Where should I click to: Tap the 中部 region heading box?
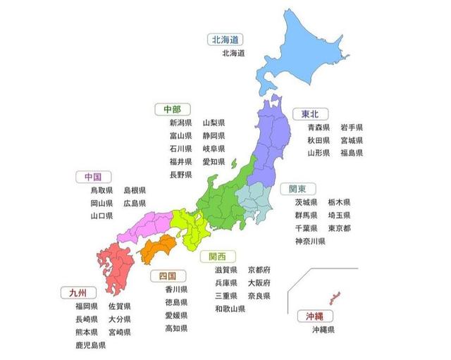tap(172, 109)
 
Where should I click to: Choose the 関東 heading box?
tap(297, 189)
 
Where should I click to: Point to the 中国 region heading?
tap(92, 177)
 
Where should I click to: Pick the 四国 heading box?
tap(168, 275)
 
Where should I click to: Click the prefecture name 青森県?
tap(319, 128)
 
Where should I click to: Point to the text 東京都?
tap(340, 228)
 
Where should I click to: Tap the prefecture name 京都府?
tap(259, 270)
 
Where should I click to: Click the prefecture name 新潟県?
tap(180, 123)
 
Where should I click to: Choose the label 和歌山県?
tap(230, 309)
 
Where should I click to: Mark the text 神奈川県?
tap(310, 242)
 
